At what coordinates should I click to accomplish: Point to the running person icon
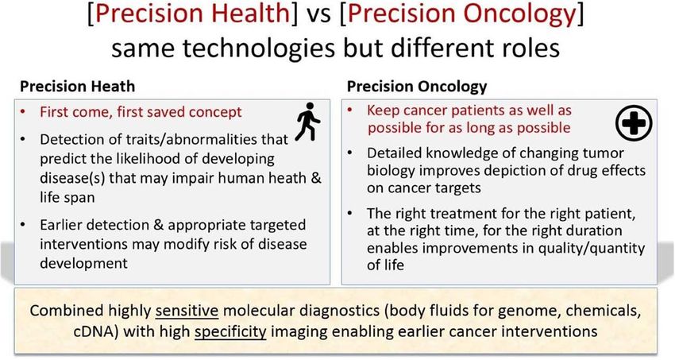click(x=308, y=122)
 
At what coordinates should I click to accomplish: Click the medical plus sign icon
click(x=634, y=123)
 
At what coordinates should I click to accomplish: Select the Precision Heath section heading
click(x=78, y=87)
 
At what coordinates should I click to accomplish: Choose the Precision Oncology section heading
click(x=417, y=87)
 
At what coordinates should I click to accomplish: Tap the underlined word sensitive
click(x=187, y=311)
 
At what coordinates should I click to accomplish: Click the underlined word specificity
click(x=230, y=331)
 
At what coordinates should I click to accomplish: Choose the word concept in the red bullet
click(x=215, y=112)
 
